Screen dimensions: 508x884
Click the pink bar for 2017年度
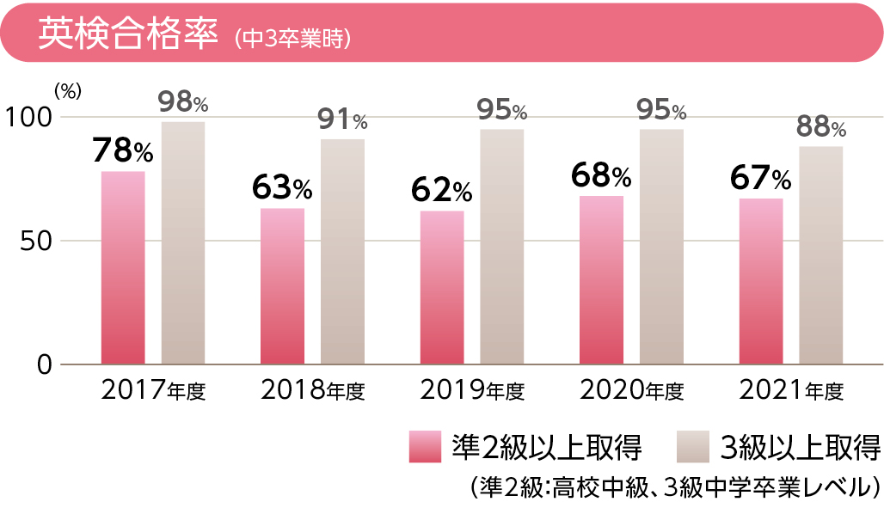pos(123,267)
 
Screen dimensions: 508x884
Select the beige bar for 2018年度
pos(342,251)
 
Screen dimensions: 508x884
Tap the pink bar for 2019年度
pos(442,287)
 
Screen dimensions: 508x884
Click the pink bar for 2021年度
pos(761,281)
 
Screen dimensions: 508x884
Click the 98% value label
pos(183,103)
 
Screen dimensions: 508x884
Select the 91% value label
pos(342,120)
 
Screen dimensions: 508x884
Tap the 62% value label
pos(441,191)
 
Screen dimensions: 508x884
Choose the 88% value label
pos(820,128)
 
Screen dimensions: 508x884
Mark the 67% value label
pos(760,179)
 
